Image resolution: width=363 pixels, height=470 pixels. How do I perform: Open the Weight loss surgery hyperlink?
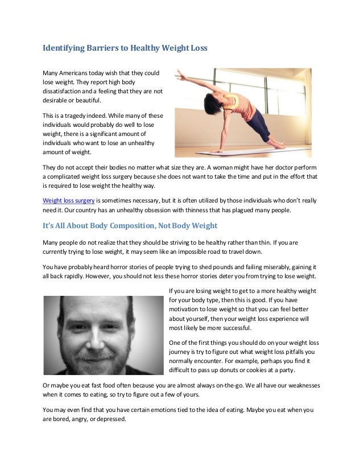point(68,200)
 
